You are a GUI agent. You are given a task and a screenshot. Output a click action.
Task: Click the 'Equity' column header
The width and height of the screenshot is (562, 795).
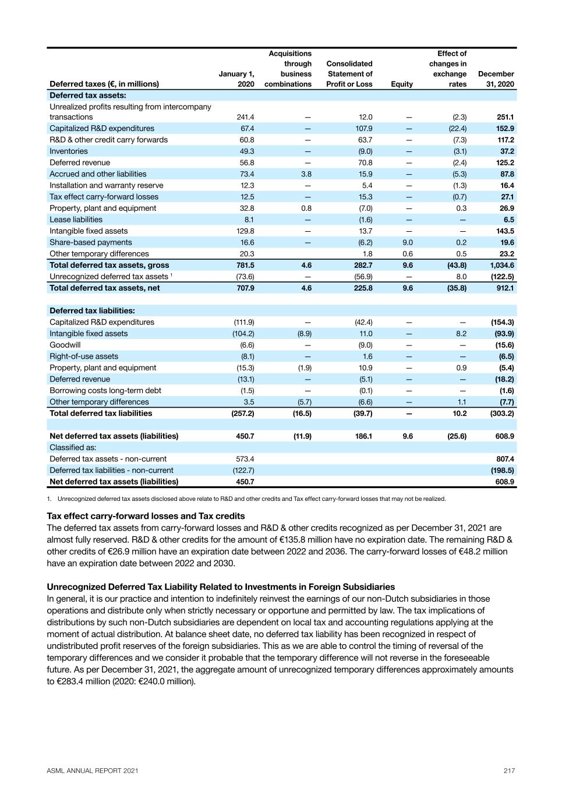[402, 84]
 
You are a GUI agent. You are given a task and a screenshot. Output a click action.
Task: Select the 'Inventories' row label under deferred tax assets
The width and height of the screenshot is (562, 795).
[69, 151]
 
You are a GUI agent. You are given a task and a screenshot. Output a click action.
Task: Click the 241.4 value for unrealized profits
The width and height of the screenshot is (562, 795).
[244, 117]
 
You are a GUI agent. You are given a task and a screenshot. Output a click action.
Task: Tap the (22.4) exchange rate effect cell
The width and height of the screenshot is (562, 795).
[456, 128]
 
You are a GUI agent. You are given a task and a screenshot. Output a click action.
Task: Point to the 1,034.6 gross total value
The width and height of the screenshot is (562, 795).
[501, 265]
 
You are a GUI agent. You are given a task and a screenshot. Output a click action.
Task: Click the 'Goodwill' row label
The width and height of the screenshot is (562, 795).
[65, 345]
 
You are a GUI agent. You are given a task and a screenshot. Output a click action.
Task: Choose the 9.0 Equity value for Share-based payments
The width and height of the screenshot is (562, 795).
[408, 242]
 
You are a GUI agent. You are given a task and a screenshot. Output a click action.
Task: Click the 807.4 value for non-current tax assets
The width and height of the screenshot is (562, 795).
[504, 459]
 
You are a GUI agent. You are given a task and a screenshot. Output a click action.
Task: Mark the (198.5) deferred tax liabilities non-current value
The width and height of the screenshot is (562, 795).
[502, 470]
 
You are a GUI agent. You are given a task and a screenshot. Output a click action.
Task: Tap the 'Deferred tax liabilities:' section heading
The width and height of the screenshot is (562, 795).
[92, 311]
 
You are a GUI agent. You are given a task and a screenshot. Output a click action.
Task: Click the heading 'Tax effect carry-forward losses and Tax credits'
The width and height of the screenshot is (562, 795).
[146, 516]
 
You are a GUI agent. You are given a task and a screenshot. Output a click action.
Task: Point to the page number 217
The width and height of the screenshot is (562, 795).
[509, 771]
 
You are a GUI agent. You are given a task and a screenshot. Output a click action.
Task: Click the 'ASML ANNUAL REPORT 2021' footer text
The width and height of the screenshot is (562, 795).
[93, 771]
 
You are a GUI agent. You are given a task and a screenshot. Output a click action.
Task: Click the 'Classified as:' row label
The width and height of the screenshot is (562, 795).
[73, 447]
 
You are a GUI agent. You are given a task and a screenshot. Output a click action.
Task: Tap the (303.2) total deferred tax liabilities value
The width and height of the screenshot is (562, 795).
[502, 414]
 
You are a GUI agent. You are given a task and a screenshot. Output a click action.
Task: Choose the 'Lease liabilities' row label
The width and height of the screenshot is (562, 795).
[76, 220]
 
